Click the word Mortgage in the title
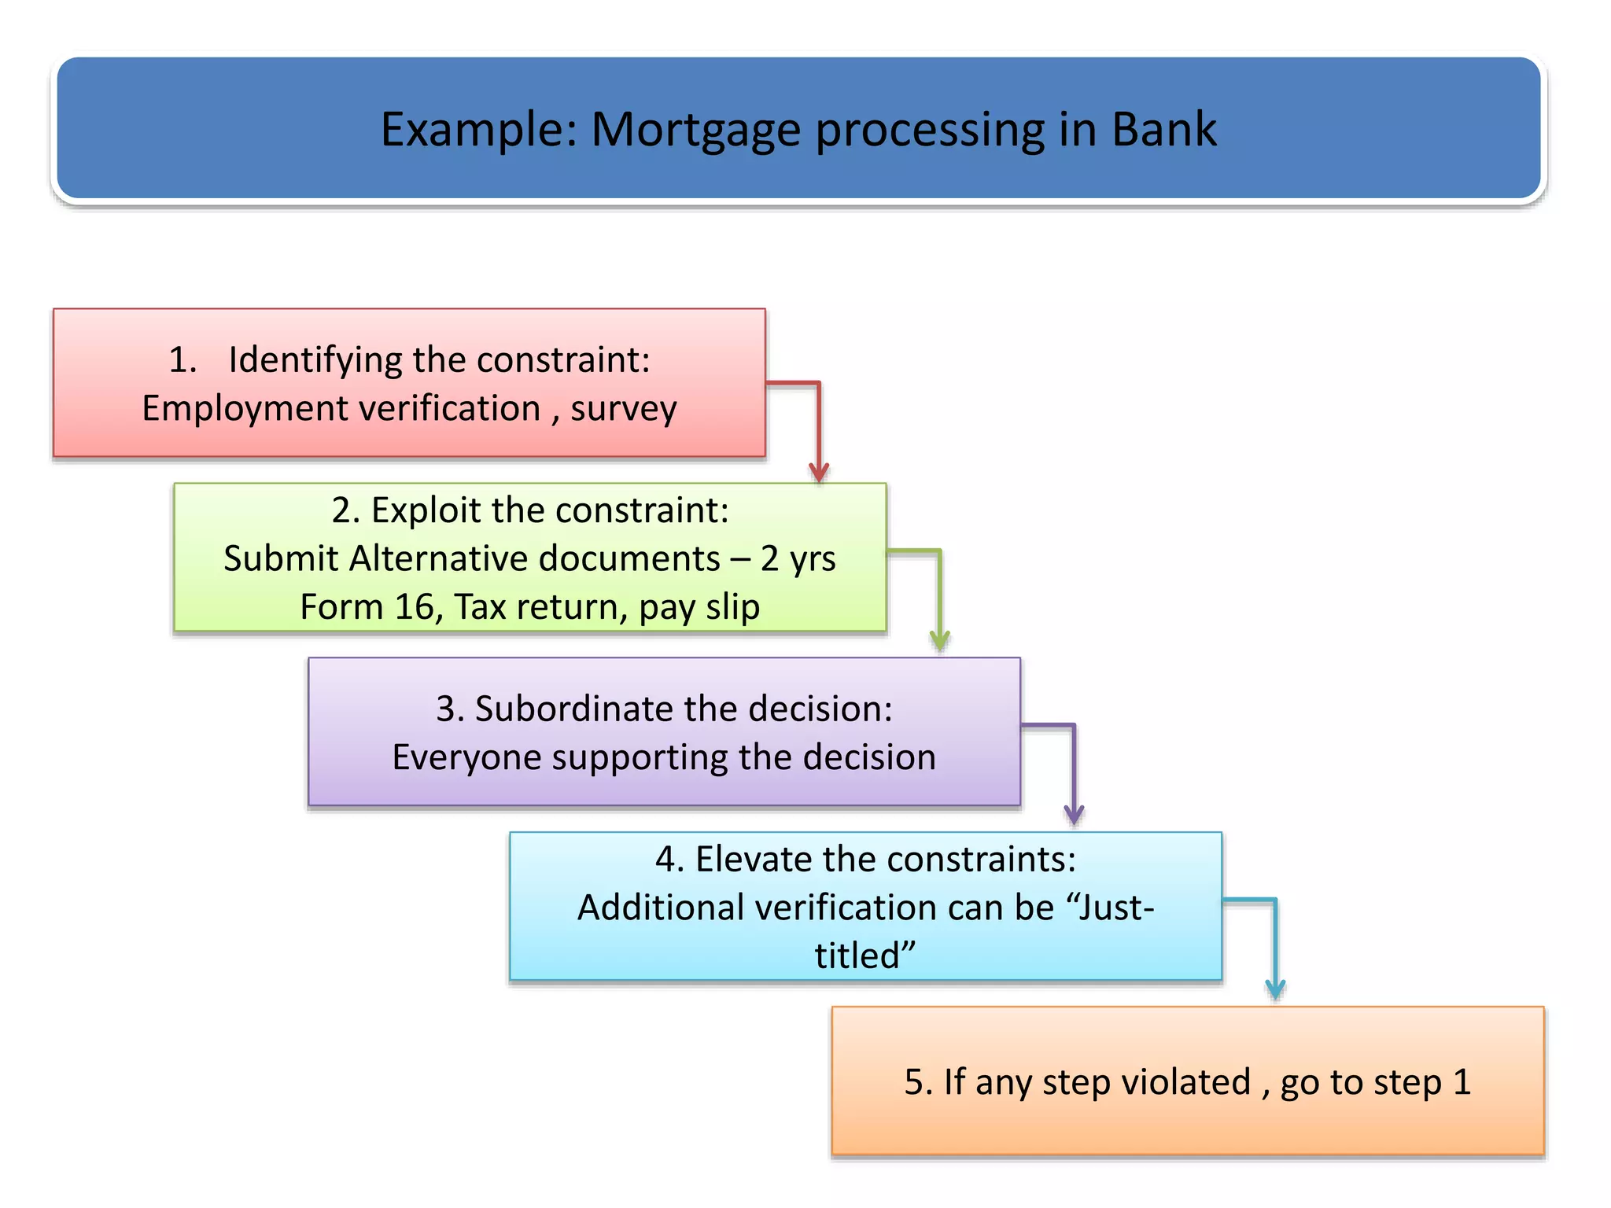[696, 131]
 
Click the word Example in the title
[479, 131]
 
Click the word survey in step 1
[623, 410]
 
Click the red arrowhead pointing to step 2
[819, 472]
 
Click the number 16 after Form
[414, 607]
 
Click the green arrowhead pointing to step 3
[939, 640]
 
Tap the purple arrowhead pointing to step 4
[1074, 815]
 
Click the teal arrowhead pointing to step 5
[1274, 989]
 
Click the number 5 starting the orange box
[913, 1083]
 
